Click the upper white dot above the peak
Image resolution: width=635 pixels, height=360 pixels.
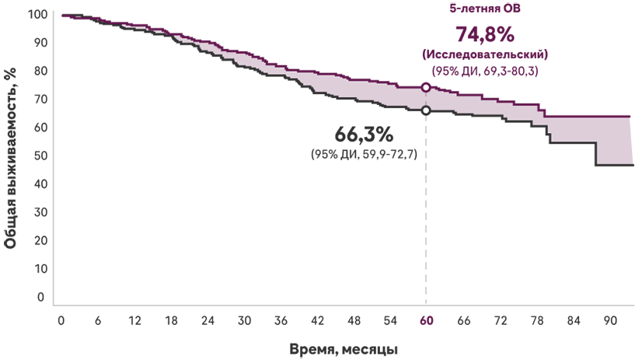point(426,87)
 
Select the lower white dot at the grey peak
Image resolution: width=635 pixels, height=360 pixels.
point(426,111)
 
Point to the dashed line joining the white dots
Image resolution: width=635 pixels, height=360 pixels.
point(426,100)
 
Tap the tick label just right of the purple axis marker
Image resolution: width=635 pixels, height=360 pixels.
point(455,320)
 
